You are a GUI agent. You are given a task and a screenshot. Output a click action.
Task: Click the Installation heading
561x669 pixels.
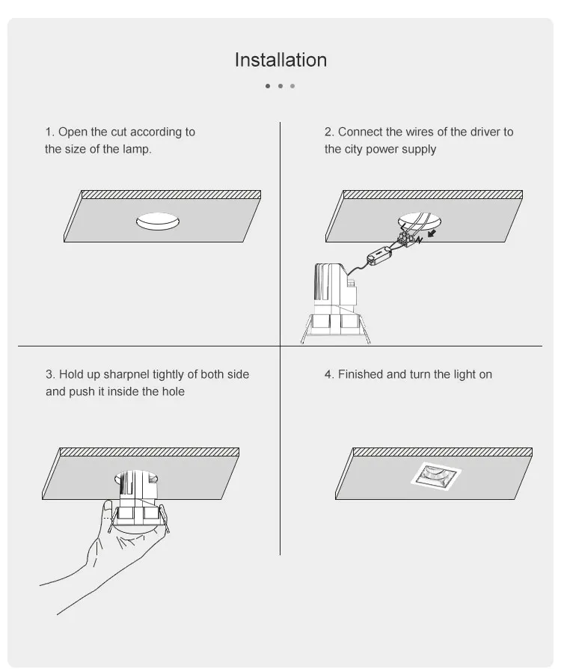point(280,60)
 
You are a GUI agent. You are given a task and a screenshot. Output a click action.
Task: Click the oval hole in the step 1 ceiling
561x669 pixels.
point(158,222)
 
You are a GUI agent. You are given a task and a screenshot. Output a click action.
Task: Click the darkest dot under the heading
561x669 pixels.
point(268,86)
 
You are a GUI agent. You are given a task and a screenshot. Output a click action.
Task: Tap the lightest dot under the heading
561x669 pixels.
point(292,86)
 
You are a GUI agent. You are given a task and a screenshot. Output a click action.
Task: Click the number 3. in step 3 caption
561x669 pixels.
point(50,374)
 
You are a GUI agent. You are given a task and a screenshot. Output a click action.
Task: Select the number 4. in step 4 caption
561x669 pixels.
point(329,374)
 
